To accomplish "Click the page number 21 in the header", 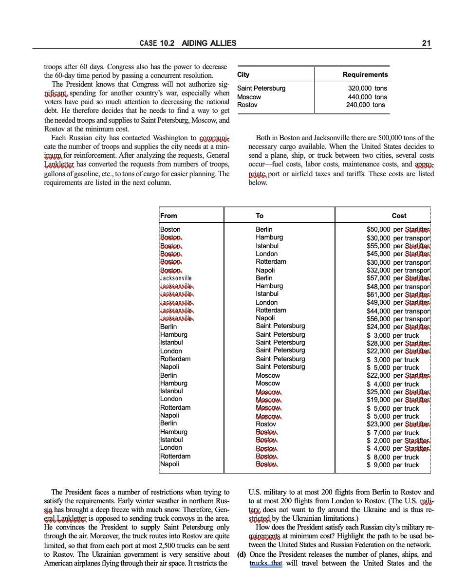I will pyautogui.click(x=426, y=43).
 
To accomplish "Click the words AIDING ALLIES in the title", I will pyautogui.click(x=209, y=43).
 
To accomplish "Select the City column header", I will pyautogui.click(x=243, y=74).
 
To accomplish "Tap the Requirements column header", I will pyautogui.click(x=365, y=74).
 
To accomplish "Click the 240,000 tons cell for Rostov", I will pyautogui.click(x=365, y=105).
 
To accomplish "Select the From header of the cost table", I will pyautogui.click(x=169, y=216).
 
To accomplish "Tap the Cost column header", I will pyautogui.click(x=399, y=216).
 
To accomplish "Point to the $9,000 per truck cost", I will pyautogui.click(x=393, y=465).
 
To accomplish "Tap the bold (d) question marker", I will pyautogui.click(x=242, y=555).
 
